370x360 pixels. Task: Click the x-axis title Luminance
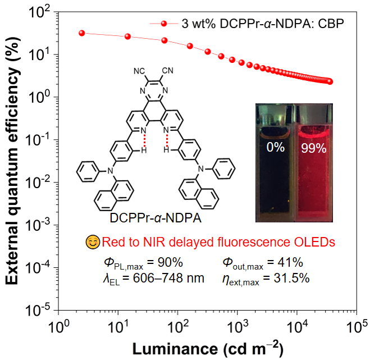click(x=208, y=346)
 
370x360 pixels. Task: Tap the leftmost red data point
click(x=82, y=33)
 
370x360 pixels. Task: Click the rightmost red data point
click(x=330, y=81)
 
